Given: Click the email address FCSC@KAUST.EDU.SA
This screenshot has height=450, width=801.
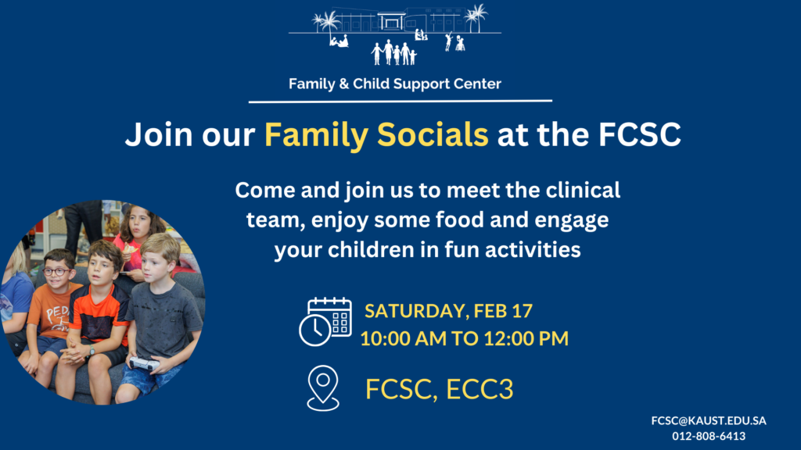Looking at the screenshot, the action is tap(709, 420).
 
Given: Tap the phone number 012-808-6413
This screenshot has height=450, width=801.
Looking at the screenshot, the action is tap(709, 436).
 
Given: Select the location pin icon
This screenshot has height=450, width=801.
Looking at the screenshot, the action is tap(323, 387).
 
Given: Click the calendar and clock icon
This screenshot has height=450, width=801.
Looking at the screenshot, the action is tap(325, 322).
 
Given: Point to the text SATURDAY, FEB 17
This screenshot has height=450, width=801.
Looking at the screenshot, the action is tap(448, 311).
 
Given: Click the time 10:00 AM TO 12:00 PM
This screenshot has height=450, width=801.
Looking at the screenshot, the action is tap(465, 338).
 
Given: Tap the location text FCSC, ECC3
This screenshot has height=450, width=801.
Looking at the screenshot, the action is tap(440, 389).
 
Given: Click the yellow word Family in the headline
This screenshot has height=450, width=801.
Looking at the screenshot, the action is tap(316, 135).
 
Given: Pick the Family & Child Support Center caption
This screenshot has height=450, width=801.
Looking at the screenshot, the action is tap(395, 84).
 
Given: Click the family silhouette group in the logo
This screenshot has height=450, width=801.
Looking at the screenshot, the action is tap(394, 52).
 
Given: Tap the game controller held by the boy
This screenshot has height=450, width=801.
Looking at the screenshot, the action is tap(144, 364).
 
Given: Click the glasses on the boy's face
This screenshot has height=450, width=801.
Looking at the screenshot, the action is tap(56, 271).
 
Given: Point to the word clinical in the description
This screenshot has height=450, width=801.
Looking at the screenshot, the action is tap(583, 191).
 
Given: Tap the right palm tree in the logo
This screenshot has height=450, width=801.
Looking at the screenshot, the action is tap(476, 18).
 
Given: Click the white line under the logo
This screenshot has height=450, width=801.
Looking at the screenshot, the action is tap(400, 101).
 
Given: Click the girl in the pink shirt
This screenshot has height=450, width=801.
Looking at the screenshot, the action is tap(136, 240).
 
